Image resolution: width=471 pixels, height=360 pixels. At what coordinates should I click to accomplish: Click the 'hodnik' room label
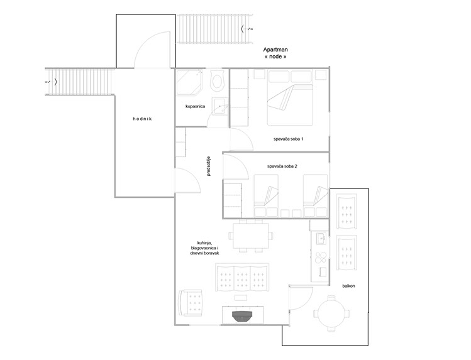(142, 119)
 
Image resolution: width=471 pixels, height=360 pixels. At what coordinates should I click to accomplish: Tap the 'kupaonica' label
(195, 106)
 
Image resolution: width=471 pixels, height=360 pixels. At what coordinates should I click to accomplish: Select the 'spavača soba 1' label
(289, 139)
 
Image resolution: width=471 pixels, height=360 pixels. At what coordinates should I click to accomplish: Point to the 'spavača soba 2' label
(282, 166)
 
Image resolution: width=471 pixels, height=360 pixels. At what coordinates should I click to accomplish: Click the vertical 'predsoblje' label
(209, 166)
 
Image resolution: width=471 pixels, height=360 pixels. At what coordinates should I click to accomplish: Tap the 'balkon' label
(348, 286)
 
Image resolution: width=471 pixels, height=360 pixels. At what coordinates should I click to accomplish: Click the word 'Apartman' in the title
(275, 50)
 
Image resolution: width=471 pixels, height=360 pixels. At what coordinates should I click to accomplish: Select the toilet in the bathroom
(217, 80)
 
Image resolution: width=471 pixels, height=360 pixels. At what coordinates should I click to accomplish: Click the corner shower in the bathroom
(189, 82)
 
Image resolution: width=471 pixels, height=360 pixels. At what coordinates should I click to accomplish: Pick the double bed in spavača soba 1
(290, 97)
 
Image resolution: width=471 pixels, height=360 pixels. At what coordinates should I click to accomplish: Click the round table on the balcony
(331, 314)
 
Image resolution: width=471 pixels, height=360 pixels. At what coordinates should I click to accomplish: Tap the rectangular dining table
(251, 236)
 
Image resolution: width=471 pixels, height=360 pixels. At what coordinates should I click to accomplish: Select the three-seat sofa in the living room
(242, 278)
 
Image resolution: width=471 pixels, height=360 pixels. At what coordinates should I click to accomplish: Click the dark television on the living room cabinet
(242, 316)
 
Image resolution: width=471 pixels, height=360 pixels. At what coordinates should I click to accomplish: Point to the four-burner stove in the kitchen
(321, 257)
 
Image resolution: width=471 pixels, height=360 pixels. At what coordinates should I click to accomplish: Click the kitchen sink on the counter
(321, 239)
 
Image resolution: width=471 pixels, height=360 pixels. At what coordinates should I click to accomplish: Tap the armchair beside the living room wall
(190, 302)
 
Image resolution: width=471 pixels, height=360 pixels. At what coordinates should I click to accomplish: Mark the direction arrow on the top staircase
(247, 29)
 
